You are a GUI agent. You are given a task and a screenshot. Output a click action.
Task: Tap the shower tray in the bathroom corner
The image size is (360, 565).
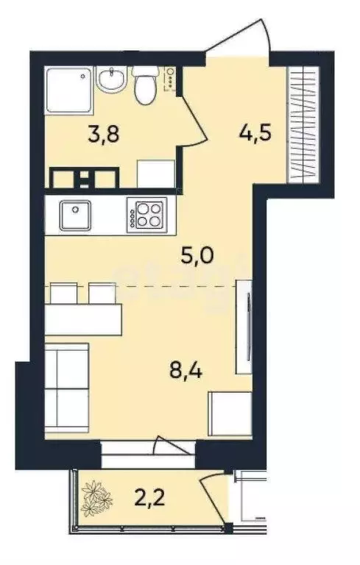pyautogui.click(x=68, y=90)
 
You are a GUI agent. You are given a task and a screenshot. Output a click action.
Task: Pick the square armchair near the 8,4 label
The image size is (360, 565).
pyautogui.click(x=228, y=414)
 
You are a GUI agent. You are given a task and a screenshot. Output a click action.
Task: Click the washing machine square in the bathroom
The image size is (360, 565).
pyautogui.click(x=155, y=173)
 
